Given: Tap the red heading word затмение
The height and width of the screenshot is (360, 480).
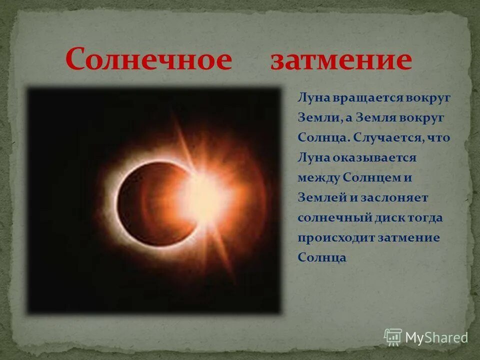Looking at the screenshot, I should click(x=341, y=60).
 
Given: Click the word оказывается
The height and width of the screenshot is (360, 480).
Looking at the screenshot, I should click(x=372, y=158).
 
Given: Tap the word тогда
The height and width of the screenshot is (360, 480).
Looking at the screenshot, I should click(x=426, y=218).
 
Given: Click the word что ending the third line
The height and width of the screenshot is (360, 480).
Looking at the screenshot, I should click(x=439, y=137).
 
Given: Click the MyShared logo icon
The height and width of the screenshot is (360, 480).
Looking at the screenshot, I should click(x=393, y=337).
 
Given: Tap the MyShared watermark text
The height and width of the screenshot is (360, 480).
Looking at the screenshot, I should click(x=436, y=337).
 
